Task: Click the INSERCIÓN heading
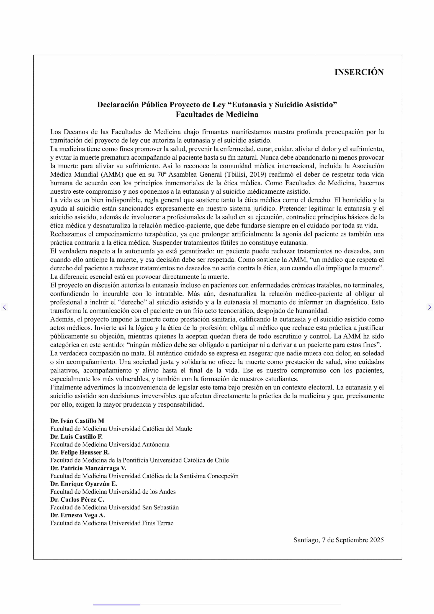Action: pos(359,72)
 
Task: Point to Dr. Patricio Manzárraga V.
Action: pos(88,468)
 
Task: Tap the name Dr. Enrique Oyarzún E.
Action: pos(84,484)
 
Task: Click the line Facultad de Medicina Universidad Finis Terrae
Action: pos(112,523)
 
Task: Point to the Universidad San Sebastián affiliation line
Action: pos(114,507)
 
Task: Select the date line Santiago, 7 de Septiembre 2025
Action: pos(338,540)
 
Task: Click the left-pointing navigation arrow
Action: pos(4,307)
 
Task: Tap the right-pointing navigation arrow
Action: pos(429,307)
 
